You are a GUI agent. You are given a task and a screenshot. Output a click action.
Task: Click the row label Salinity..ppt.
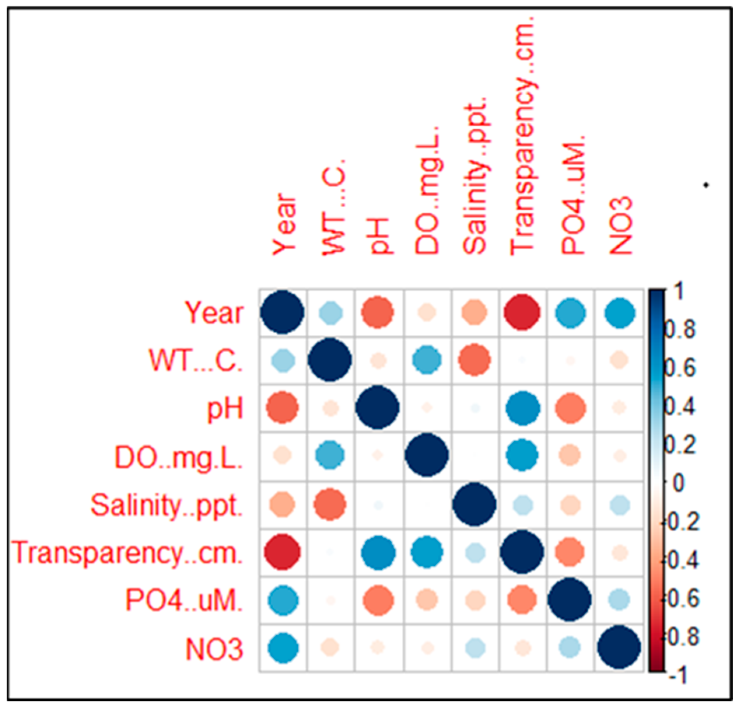pos(167,505)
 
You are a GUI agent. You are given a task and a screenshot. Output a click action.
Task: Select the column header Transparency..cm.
pos(523,136)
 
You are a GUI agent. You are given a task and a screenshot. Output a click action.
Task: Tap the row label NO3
pos(214,649)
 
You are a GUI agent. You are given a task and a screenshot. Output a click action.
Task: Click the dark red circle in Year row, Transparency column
pos(522,312)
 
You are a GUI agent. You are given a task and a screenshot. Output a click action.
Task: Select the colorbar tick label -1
pos(678,676)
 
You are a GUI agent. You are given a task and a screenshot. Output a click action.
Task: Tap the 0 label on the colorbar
pos(678,483)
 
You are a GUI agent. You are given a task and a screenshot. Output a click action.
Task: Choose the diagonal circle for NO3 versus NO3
pos(619,647)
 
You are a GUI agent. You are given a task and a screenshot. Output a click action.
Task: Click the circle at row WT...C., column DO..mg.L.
pos(427,360)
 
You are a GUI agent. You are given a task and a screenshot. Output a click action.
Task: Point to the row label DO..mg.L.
pos(179,457)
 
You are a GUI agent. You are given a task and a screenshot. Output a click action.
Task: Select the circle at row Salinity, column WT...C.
pos(330,505)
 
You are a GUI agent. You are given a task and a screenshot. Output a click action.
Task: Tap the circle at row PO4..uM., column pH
pos(378,600)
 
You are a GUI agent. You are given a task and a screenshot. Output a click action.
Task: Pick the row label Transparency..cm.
pos(128,553)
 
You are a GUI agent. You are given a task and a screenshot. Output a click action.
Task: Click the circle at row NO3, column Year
pos(283,648)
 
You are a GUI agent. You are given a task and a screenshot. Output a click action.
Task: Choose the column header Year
pos(284,225)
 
